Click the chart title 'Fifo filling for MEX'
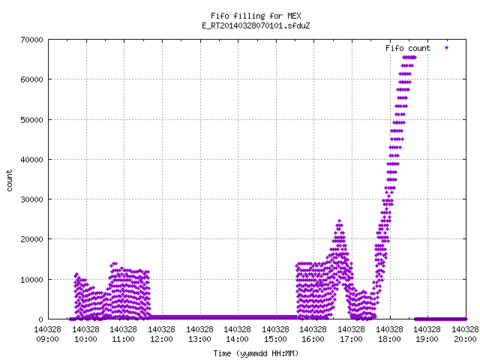(x=256, y=16)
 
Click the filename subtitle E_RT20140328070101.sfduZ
(x=256, y=25)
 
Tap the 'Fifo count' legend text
(x=408, y=48)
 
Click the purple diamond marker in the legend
(x=447, y=47)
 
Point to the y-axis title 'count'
(x=10, y=180)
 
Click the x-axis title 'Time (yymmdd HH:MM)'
(x=256, y=353)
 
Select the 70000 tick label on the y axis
(x=31, y=40)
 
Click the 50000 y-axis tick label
(x=31, y=120)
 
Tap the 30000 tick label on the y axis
(x=31, y=199)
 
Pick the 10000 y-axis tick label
(x=31, y=280)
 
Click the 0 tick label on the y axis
(x=40, y=319)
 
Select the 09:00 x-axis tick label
(x=47, y=339)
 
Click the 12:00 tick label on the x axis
(x=162, y=339)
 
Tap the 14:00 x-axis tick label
(x=238, y=339)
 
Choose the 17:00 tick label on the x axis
(x=352, y=339)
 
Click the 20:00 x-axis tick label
(x=465, y=339)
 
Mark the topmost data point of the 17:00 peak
(x=339, y=220)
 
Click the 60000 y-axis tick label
(x=31, y=79)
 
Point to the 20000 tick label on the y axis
(x=31, y=239)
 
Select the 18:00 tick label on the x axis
(x=389, y=339)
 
